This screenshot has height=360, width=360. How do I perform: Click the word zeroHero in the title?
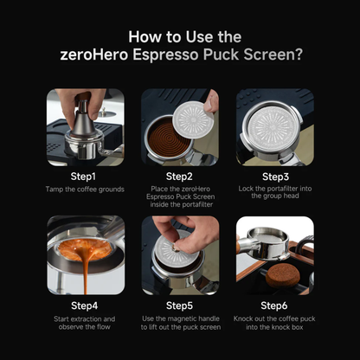94,55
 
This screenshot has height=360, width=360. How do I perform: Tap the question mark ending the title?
299,55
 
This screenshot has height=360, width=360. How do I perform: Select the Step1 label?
83,177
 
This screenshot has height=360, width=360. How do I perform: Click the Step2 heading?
179,177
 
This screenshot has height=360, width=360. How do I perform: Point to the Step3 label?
275,177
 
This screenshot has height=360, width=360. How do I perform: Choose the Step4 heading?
84,305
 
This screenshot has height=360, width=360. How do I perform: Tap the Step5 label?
179,305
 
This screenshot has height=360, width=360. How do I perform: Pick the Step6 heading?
274,305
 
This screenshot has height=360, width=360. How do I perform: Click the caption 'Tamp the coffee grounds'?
85,190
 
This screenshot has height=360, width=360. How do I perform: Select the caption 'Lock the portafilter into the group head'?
275,192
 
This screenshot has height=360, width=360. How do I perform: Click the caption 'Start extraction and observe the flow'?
84,323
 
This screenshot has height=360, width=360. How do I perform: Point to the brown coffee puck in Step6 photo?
281,276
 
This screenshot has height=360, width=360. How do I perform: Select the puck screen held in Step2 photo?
195,119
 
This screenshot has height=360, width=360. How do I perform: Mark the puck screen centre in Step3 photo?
272,129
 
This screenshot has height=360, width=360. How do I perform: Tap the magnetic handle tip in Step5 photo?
174,246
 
